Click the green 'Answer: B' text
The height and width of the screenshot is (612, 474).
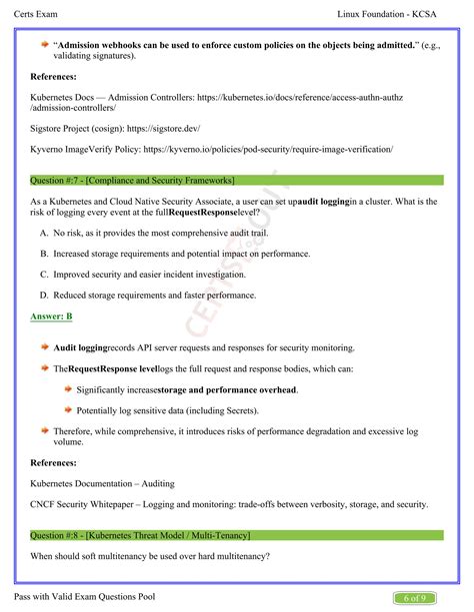pyautogui.click(x=51, y=316)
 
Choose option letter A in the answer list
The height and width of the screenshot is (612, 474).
pyautogui.click(x=44, y=232)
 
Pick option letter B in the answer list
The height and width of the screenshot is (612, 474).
pyautogui.click(x=44, y=253)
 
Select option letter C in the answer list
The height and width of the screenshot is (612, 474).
pyautogui.click(x=44, y=274)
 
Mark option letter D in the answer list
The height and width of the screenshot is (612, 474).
pyautogui.click(x=44, y=295)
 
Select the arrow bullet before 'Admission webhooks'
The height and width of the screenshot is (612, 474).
pyautogui.click(x=45, y=44)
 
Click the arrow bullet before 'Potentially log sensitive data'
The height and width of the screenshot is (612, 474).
pyautogui.click(x=68, y=409)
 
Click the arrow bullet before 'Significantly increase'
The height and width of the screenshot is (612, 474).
pyautogui.click(x=68, y=388)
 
